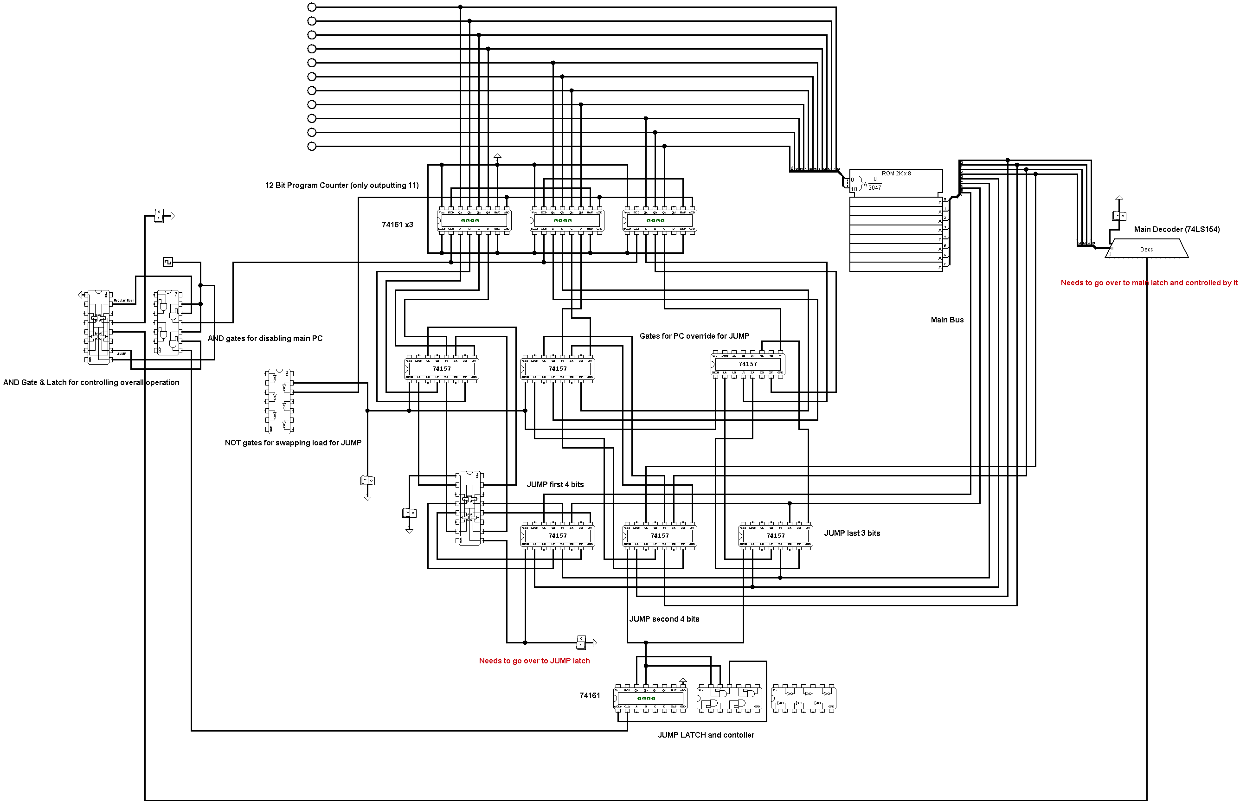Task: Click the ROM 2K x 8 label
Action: [x=896, y=173]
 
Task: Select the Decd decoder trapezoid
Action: [x=1146, y=249]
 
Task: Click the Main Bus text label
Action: [x=947, y=320]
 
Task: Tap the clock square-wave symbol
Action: [x=168, y=262]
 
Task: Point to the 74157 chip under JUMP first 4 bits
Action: [x=558, y=536]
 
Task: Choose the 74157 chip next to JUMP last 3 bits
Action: [x=775, y=536]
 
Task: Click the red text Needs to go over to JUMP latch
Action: [x=534, y=661]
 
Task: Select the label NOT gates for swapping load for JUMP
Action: [x=293, y=443]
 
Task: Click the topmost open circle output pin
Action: [x=312, y=7]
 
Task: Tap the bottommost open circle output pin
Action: [x=312, y=147]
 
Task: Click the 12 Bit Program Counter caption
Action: [x=342, y=186]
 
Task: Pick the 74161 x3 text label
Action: [x=397, y=225]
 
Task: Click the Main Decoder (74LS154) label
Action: [x=1176, y=229]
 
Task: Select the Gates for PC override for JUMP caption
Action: [x=694, y=336]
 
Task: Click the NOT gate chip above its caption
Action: [x=279, y=401]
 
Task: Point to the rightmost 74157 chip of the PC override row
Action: [x=748, y=364]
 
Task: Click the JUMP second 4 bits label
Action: [x=664, y=619]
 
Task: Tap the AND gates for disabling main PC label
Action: [x=265, y=338]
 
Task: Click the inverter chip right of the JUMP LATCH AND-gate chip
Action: [x=803, y=698]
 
